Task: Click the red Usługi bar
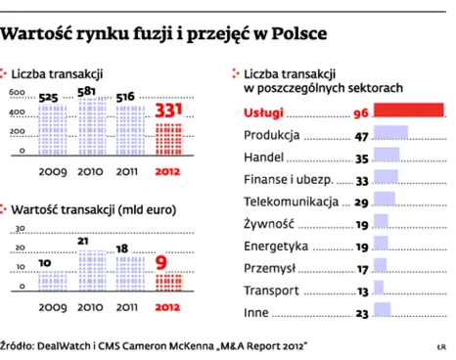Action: [410, 112]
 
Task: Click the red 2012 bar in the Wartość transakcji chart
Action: [169, 279]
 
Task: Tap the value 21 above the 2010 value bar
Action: [85, 241]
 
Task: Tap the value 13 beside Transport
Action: [362, 291]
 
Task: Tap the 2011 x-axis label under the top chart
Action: [127, 168]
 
